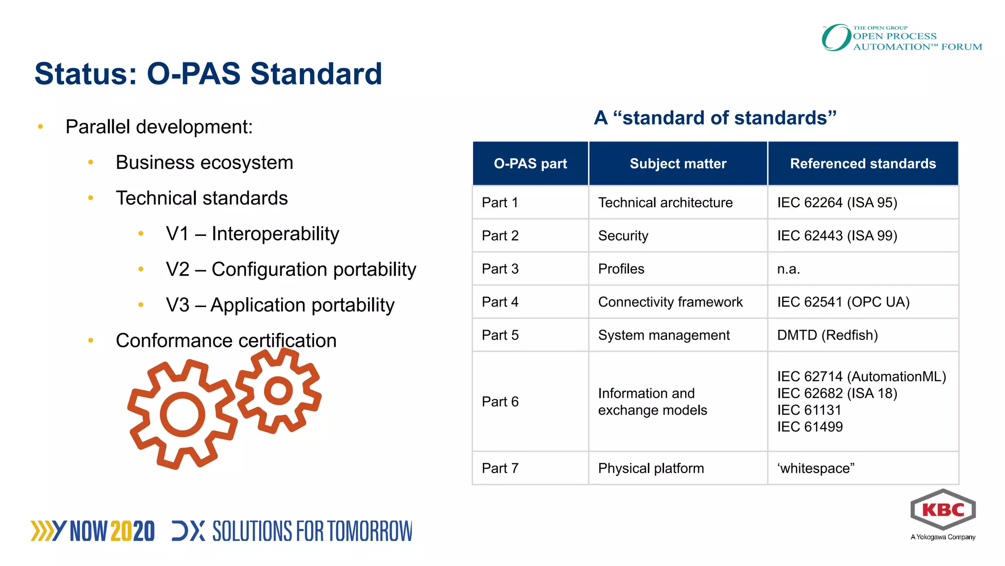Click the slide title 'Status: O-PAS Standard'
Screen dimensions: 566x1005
click(x=208, y=74)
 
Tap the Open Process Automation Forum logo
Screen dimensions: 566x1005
click(x=902, y=38)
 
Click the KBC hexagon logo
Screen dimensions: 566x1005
click(x=943, y=510)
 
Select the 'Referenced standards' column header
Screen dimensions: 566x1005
click(x=863, y=164)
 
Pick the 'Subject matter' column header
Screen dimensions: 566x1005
click(x=678, y=164)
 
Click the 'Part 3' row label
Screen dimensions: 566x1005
click(x=500, y=269)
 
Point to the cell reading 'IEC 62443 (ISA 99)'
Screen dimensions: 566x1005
click(x=837, y=236)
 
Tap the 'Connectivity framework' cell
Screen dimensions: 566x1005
click(x=670, y=302)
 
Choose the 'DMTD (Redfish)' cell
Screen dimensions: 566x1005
click(x=827, y=335)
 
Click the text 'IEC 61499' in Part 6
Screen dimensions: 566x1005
click(x=810, y=427)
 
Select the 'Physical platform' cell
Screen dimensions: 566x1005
click(x=651, y=468)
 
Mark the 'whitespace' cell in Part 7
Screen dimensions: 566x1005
click(x=816, y=468)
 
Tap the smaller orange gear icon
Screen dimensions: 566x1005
click(x=279, y=391)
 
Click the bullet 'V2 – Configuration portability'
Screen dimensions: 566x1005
click(x=291, y=269)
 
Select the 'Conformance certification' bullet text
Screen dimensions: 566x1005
click(x=226, y=340)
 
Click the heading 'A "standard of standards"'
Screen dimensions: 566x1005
click(x=715, y=118)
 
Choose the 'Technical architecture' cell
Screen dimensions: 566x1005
click(x=665, y=202)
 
